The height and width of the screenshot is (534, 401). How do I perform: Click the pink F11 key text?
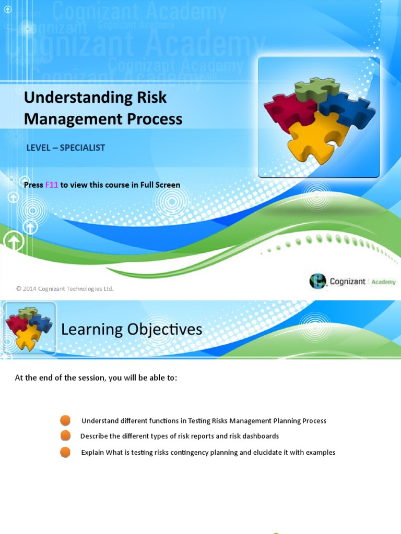[x=52, y=185]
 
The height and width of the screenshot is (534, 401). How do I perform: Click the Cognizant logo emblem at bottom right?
[x=317, y=281]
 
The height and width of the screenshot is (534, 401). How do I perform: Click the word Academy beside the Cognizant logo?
[x=384, y=282]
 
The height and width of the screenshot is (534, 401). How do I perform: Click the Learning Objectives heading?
[x=132, y=330]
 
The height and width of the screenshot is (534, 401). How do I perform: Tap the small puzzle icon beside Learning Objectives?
[x=28, y=328]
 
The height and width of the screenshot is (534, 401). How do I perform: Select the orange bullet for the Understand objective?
[x=65, y=420]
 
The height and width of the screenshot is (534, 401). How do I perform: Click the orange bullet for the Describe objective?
[x=65, y=435]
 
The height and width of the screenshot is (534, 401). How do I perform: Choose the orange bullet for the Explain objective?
[x=65, y=452]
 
